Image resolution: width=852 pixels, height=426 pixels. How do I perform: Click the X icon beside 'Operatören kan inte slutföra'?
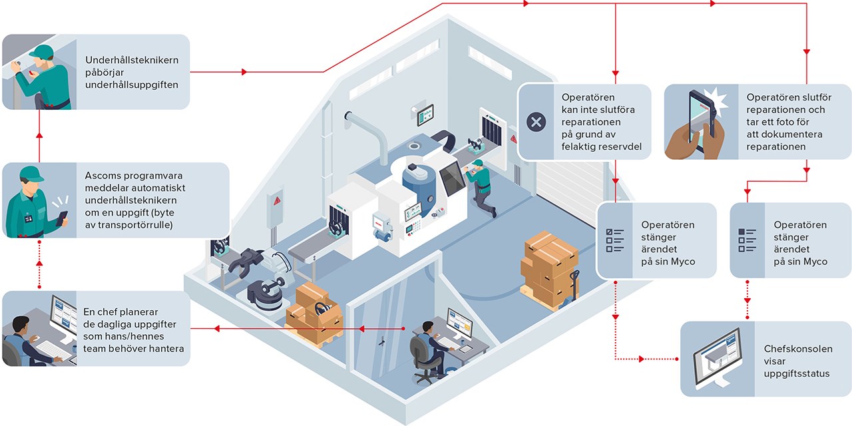536,122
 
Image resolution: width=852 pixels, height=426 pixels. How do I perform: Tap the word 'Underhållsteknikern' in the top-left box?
132,60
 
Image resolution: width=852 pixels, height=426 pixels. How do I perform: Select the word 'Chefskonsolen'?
798,349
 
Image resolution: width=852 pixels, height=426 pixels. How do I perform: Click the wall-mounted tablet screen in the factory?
425,114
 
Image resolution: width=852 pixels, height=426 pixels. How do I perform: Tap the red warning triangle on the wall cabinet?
278,200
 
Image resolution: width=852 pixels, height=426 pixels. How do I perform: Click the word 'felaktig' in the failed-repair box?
579,147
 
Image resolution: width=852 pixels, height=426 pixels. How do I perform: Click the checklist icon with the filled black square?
747,240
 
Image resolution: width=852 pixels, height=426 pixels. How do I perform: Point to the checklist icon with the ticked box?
614,240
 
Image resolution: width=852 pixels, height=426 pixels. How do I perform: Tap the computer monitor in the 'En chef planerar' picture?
63,319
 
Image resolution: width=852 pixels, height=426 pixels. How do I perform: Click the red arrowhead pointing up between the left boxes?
39,135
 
